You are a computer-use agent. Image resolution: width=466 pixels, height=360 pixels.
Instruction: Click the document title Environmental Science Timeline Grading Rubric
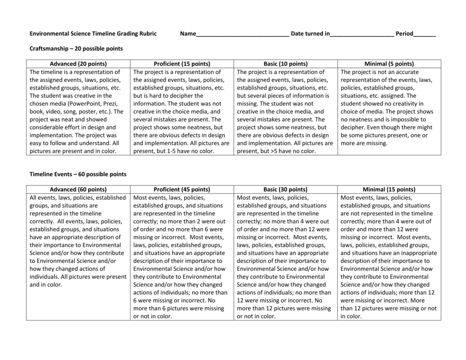93,34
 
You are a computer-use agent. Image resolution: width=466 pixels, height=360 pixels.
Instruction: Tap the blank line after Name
242,35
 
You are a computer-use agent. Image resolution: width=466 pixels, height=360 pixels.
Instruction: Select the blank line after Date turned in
362,35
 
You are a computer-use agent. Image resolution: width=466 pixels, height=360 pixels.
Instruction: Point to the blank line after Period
425,35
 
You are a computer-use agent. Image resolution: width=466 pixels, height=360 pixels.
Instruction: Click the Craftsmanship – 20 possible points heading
76,48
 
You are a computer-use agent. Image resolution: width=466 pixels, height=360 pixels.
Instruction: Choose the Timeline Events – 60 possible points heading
78,174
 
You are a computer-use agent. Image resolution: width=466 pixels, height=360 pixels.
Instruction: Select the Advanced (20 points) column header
78,64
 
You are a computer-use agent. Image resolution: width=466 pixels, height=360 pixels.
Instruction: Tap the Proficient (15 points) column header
182,64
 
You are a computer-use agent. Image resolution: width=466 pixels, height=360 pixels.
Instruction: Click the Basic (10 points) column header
285,64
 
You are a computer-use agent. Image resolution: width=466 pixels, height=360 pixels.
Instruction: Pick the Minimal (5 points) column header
389,64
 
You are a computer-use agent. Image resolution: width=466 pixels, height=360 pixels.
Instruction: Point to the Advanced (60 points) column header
78,189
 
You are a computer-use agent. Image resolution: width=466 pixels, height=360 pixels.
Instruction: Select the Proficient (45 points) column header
182,189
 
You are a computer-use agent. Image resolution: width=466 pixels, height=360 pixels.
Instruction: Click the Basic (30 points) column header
285,189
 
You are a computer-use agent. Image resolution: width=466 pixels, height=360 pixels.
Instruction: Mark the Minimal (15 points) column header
389,189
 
